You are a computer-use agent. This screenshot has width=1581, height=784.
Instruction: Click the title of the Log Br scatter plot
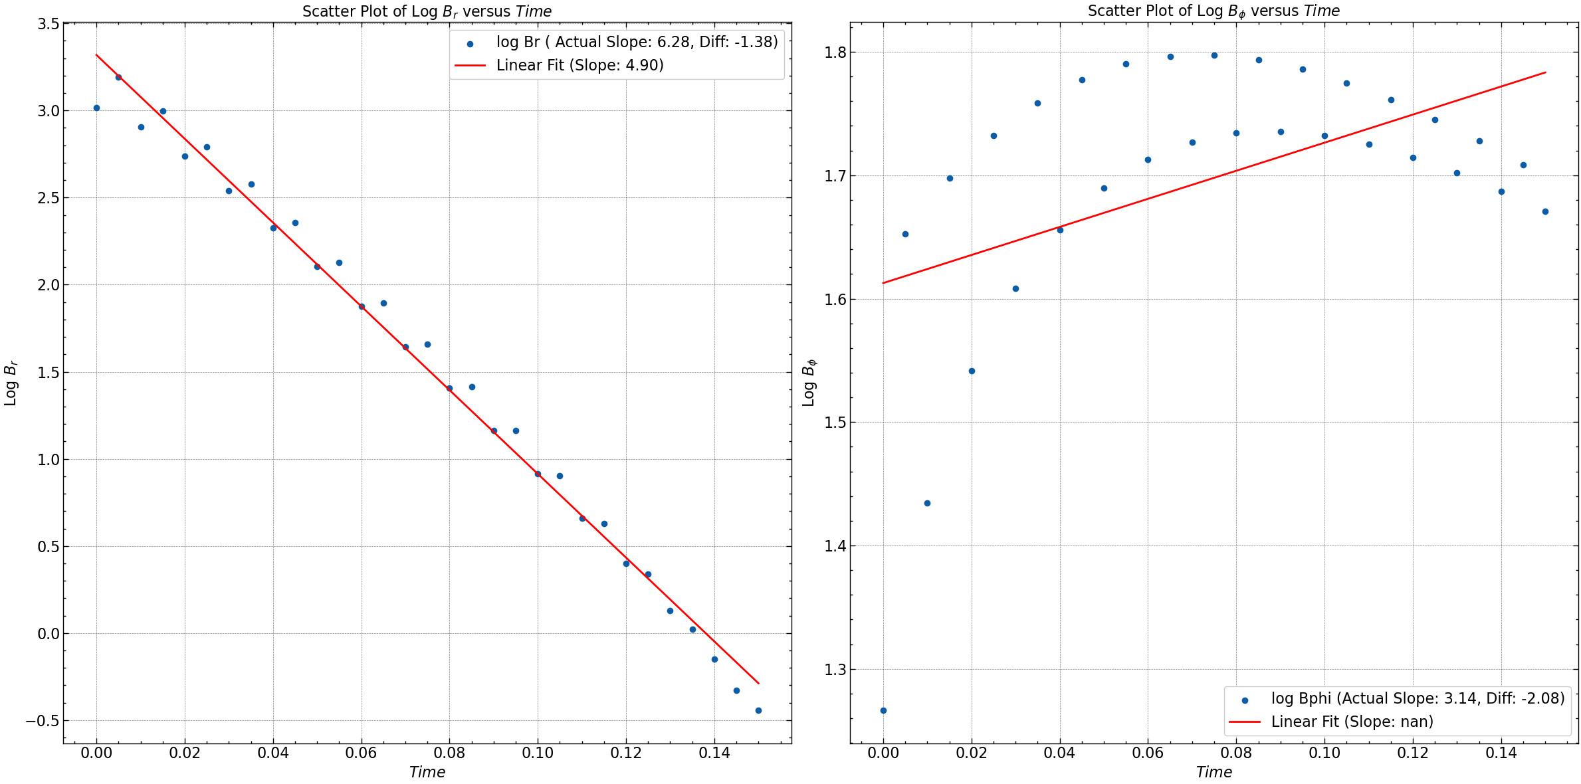pos(427,11)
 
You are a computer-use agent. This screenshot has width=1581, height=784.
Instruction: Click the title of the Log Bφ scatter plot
pos(1213,11)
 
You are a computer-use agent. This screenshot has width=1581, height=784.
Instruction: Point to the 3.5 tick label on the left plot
pos(48,24)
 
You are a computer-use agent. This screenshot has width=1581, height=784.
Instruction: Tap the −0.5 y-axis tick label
pos(43,721)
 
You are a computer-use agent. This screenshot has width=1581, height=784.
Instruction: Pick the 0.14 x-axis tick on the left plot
pos(714,753)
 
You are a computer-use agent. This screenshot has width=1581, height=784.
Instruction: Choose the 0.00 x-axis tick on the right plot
pos(883,753)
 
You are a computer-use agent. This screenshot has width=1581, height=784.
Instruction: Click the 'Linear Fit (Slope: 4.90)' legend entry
pos(580,65)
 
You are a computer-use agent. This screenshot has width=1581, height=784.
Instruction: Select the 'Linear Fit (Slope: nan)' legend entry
pos(1352,722)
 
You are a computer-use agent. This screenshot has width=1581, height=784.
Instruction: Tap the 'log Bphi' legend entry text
pos(1418,698)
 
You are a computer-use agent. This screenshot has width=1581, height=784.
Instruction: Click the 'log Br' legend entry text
pos(637,42)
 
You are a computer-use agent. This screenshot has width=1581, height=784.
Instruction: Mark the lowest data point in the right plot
pos(883,710)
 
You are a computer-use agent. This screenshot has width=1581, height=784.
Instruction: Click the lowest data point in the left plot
pos(758,710)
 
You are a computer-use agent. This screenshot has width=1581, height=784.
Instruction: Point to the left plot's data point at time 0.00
pos(96,108)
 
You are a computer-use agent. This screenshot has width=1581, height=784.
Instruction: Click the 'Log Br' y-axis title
pos(11,383)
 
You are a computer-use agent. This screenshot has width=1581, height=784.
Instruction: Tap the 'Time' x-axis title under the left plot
pos(427,772)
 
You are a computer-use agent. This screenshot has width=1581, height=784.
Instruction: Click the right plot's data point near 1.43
pos(927,503)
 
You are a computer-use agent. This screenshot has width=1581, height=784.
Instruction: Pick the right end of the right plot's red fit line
pos(1545,72)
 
